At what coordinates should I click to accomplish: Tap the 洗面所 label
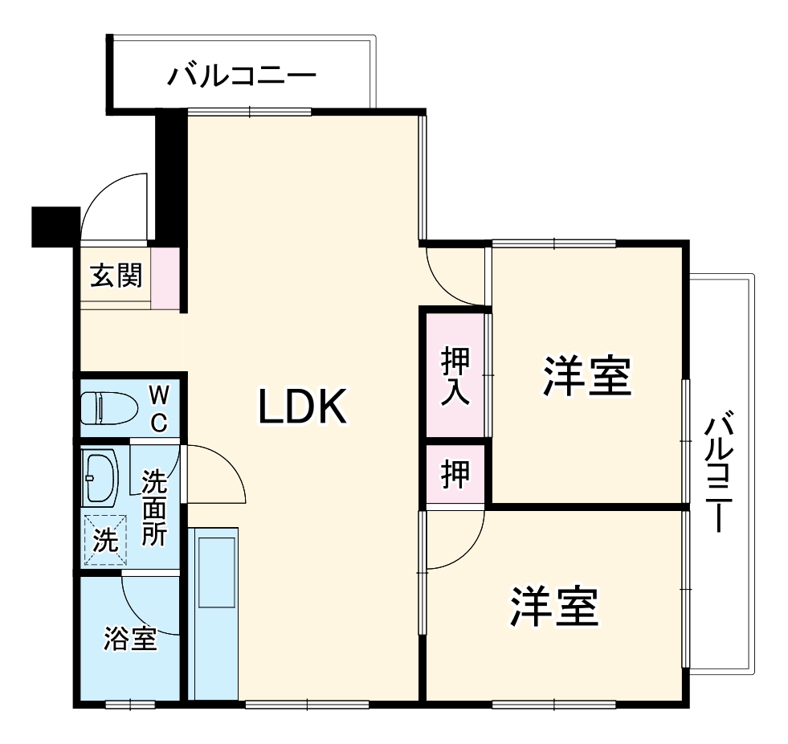[154, 508]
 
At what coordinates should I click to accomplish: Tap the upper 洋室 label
[587, 375]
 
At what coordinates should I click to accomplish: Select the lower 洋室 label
[555, 607]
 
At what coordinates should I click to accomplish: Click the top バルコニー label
[241, 77]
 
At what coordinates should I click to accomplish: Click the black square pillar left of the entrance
[55, 226]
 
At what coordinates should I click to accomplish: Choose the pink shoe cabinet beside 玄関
[165, 278]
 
